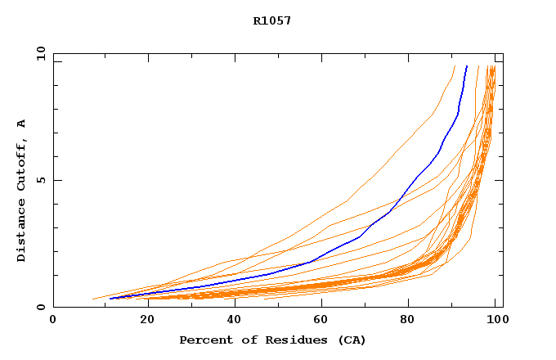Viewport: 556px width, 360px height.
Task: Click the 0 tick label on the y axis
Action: pos(40,308)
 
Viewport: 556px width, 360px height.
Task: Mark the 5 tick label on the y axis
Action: pos(40,180)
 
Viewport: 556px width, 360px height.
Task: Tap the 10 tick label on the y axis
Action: pos(40,53)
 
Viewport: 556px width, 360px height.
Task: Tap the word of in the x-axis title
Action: pos(247,340)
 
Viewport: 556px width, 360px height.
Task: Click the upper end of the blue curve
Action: pos(467,66)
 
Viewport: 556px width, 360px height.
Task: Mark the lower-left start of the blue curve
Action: pos(110,299)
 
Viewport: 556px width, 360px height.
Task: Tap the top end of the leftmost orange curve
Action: pos(455,66)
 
